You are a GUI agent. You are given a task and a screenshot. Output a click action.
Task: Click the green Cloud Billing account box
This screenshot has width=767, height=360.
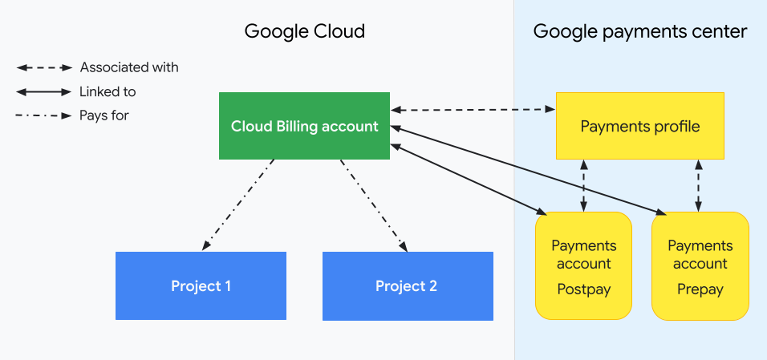click(304, 126)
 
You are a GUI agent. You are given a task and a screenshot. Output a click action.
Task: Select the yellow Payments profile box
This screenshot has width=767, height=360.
click(639, 126)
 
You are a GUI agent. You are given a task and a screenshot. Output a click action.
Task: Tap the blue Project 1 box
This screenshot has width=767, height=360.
click(201, 285)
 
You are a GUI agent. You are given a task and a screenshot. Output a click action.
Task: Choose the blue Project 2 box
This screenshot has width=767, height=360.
click(407, 285)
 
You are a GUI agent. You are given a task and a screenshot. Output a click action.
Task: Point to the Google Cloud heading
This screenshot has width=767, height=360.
click(304, 32)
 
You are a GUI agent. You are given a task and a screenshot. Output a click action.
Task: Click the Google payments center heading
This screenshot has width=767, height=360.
click(639, 32)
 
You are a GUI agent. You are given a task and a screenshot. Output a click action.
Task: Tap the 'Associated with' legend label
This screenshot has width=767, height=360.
click(129, 67)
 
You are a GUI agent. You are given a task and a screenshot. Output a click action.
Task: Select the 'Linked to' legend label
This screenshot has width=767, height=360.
click(108, 91)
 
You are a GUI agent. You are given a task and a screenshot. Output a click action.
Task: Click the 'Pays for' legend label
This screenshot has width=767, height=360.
click(104, 115)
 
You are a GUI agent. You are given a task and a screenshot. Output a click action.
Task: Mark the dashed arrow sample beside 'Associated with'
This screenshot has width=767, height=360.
click(43, 67)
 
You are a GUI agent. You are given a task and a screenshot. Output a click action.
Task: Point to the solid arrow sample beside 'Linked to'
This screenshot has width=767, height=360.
click(43, 91)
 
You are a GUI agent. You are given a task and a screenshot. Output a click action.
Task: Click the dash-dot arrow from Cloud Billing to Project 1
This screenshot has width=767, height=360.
click(238, 204)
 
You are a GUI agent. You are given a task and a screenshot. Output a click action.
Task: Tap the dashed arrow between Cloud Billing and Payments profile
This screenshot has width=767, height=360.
click(473, 108)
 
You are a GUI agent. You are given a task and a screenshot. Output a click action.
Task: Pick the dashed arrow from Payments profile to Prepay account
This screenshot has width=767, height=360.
click(699, 184)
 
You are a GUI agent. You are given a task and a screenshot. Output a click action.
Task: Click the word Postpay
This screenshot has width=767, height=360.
click(583, 289)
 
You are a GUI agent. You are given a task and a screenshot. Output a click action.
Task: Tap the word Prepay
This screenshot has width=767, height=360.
click(700, 289)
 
